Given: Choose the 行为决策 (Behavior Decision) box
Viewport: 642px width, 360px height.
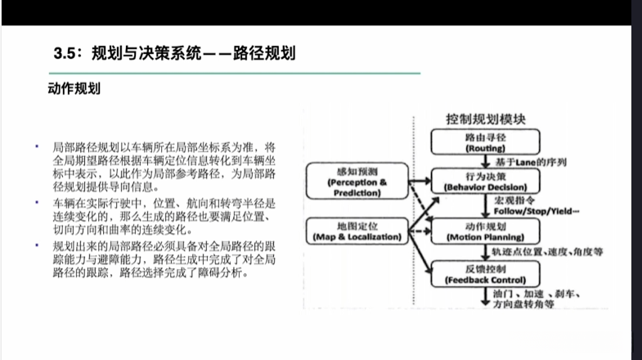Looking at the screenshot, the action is point(485,182).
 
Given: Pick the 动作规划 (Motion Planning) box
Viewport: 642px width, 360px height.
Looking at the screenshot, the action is point(485,231).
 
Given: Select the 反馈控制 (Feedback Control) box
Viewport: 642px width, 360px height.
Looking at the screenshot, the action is point(485,274).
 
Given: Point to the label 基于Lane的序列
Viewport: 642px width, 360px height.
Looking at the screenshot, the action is point(529,162).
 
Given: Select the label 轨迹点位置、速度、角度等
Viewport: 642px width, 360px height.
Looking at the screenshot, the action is point(549,253).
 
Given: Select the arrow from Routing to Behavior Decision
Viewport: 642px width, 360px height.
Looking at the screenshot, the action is point(485,162).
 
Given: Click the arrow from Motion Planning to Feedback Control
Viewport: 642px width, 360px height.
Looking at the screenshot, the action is point(485,252).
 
